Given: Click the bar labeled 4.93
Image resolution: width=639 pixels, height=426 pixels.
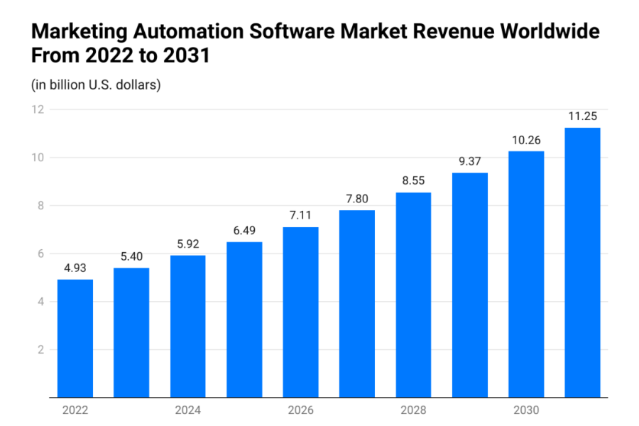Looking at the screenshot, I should pyautogui.click(x=75, y=338).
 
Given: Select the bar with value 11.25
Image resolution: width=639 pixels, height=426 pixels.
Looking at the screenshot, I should pyautogui.click(x=582, y=262).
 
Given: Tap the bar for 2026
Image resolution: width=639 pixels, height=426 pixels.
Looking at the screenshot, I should pyautogui.click(x=300, y=312).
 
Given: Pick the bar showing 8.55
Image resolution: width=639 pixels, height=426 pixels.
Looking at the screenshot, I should pyautogui.click(x=413, y=295).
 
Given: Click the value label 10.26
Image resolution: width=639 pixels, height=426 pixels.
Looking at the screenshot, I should pyautogui.click(x=526, y=141).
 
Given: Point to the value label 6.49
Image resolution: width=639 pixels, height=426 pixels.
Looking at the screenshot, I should pyautogui.click(x=244, y=231).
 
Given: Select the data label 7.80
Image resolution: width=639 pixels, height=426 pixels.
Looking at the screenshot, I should pyautogui.click(x=357, y=200).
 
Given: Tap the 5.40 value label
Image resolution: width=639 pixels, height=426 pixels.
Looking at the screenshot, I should pyautogui.click(x=131, y=257).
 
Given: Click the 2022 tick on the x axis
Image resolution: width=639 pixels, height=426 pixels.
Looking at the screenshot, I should pyautogui.click(x=75, y=410).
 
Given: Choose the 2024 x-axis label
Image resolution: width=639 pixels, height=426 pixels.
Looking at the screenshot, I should pyautogui.click(x=187, y=410).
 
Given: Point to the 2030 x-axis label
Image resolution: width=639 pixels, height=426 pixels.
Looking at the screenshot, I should pyautogui.click(x=526, y=410).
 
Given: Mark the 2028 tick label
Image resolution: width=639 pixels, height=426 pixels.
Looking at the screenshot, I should pyautogui.click(x=413, y=410).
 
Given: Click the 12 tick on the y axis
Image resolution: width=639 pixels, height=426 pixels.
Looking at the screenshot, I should pyautogui.click(x=38, y=109).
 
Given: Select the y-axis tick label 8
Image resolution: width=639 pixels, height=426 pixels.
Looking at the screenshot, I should pyautogui.click(x=40, y=205).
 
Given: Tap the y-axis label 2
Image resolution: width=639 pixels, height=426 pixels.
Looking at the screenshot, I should pyautogui.click(x=40, y=349).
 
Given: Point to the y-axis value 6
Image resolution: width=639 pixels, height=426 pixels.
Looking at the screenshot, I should pyautogui.click(x=40, y=253).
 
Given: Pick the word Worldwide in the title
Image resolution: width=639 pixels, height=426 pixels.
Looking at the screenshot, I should pyautogui.click(x=550, y=31).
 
